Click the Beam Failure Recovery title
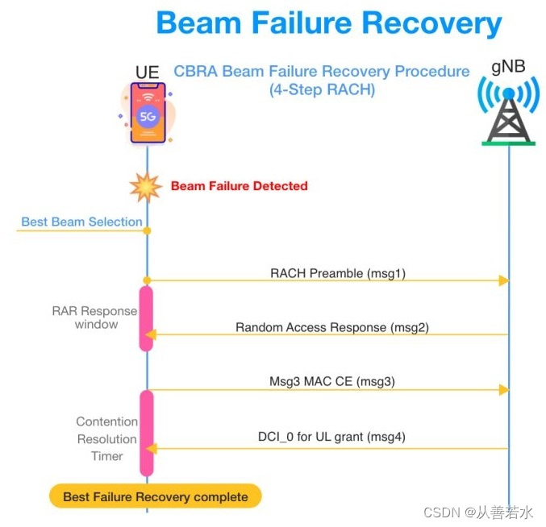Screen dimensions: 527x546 [x=329, y=23]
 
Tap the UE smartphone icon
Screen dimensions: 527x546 [x=148, y=113]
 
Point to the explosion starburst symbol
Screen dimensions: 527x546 [x=147, y=186]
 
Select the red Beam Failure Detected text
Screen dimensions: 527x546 [x=239, y=186]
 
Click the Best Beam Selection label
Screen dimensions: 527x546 [x=81, y=222]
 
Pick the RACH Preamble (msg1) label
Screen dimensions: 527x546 [x=337, y=273]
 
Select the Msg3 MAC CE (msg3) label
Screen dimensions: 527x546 [x=331, y=381]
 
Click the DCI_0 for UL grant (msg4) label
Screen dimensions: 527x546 [x=332, y=437]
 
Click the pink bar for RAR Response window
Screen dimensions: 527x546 [x=147, y=317]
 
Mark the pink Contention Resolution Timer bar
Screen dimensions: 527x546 [x=147, y=433]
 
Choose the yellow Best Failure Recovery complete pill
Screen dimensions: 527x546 [x=156, y=496]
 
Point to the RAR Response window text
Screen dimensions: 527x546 [x=95, y=317]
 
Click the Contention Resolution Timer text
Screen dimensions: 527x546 [x=106, y=438]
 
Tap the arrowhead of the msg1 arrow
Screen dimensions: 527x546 [x=503, y=280]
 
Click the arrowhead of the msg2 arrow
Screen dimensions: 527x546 [x=151, y=334]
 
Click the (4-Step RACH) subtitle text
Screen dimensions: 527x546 [x=322, y=90]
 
